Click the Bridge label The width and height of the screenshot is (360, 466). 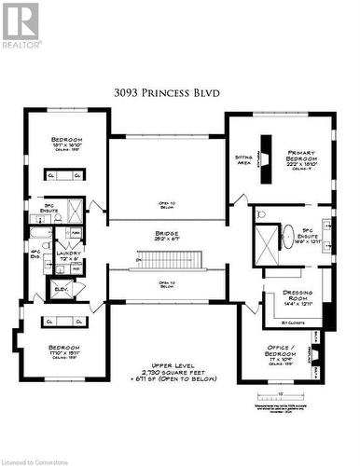click(x=167, y=236)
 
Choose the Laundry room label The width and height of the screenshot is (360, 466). click(x=68, y=254)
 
